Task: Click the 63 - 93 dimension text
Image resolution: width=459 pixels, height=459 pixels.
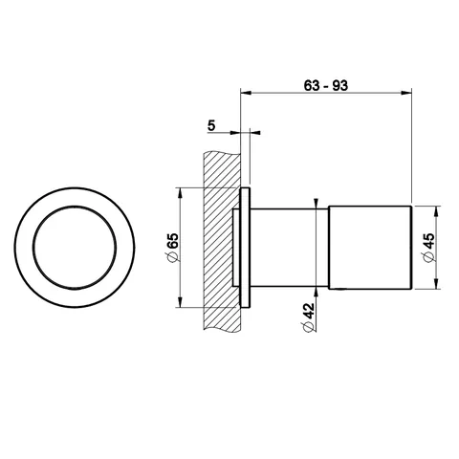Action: click(325, 85)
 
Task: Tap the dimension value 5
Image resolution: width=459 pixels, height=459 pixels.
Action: click(211, 125)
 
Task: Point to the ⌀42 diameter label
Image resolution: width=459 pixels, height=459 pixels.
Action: click(308, 317)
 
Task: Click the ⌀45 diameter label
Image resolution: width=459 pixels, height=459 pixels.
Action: click(428, 248)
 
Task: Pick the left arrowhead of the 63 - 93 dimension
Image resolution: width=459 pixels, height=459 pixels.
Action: click(247, 93)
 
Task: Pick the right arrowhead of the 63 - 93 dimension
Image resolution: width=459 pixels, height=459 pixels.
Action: click(405, 93)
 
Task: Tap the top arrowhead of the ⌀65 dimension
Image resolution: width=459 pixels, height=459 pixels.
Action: click(181, 193)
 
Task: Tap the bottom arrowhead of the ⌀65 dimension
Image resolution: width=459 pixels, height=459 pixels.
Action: click(181, 302)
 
